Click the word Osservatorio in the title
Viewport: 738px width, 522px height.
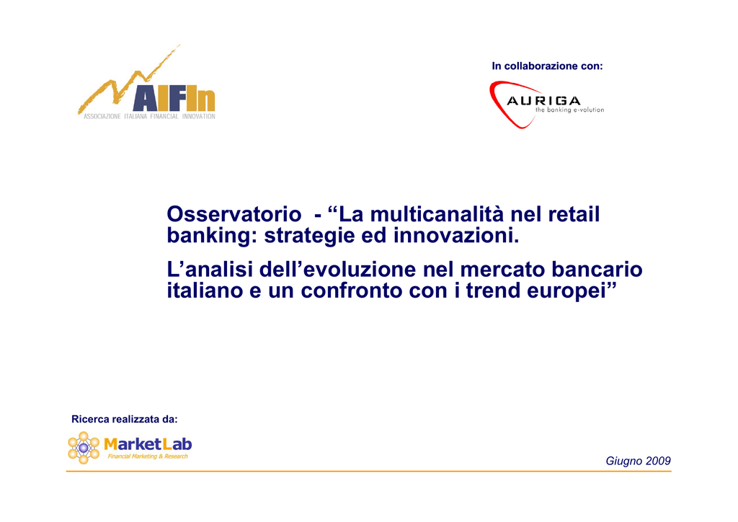234,214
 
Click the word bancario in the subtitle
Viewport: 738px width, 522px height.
597,270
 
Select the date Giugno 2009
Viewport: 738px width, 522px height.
638,461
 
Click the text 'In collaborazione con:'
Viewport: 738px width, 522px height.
547,66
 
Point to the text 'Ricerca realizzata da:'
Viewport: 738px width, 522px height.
124,419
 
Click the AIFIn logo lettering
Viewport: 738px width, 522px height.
174,99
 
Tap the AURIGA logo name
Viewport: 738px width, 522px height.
543,101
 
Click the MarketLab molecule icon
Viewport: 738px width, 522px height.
84,448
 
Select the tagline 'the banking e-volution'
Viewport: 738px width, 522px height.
569,110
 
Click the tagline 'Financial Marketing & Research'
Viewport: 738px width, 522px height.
148,456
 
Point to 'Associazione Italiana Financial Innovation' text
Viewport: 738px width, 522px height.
149,116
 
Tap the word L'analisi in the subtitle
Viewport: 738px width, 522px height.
210,270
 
